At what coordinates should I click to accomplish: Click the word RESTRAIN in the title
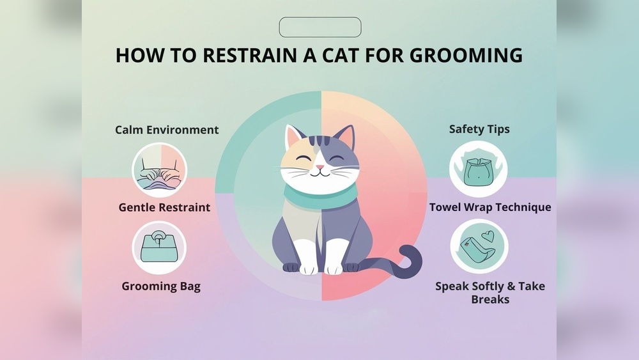click(243, 55)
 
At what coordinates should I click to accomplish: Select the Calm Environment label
click(167, 130)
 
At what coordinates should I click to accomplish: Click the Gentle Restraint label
click(164, 207)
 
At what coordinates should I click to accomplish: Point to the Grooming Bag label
click(161, 286)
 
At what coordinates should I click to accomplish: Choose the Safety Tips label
click(479, 129)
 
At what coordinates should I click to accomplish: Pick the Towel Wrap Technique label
click(490, 207)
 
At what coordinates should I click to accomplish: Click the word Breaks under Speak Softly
click(490, 299)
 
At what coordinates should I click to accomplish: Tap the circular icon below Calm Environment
click(159, 169)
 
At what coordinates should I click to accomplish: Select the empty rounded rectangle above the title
click(320, 27)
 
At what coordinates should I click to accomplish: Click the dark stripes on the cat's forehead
click(320, 139)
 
